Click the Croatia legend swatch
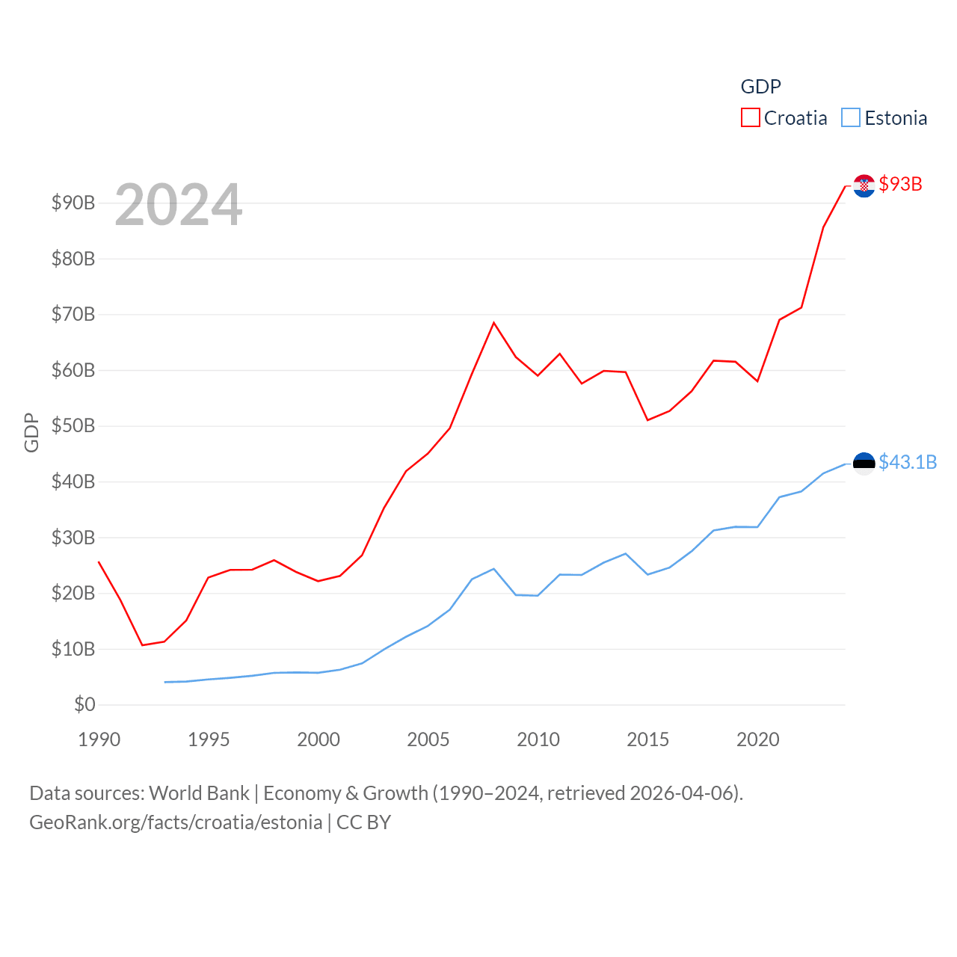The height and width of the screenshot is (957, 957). (x=751, y=117)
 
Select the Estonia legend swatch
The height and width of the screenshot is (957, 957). (x=851, y=117)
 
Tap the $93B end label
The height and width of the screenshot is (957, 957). (x=900, y=184)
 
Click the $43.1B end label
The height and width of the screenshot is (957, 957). (x=907, y=462)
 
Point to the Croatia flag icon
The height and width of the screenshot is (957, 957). (x=864, y=186)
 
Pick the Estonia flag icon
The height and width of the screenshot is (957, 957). (x=864, y=464)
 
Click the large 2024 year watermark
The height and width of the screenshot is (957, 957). (x=178, y=204)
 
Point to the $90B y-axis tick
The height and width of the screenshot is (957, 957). (x=73, y=203)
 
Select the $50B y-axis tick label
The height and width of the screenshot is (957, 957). (x=73, y=425)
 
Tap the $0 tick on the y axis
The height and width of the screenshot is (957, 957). (x=84, y=704)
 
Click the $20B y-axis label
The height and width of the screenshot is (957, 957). (x=73, y=593)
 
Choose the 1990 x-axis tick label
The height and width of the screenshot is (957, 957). (x=99, y=739)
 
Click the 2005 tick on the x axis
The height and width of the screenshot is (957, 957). (x=428, y=739)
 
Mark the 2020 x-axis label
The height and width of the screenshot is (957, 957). (x=758, y=739)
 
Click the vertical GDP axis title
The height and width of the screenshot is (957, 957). (x=31, y=432)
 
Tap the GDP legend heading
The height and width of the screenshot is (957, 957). (x=760, y=87)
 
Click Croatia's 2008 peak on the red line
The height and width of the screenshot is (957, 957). (x=493, y=322)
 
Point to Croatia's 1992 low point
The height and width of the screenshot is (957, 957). (x=142, y=645)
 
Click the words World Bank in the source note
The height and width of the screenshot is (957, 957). (x=200, y=793)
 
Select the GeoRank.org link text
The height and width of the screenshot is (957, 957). (x=176, y=822)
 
